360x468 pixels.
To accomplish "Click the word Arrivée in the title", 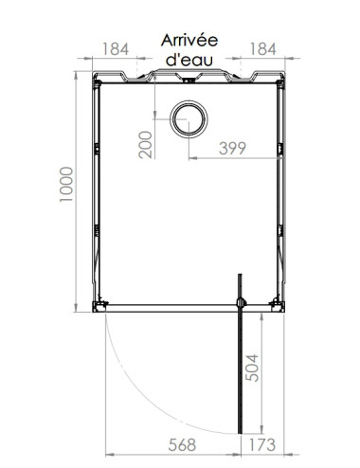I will click(x=189, y=40).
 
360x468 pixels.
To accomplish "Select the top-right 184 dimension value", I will click(x=264, y=47).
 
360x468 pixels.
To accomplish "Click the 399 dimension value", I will click(x=233, y=147).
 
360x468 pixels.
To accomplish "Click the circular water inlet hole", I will click(x=189, y=120).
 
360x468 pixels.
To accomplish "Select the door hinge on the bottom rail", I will click(x=242, y=302).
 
